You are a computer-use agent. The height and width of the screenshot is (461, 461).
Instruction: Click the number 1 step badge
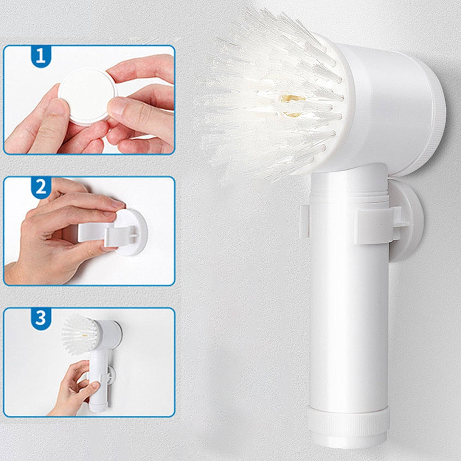click(41, 56)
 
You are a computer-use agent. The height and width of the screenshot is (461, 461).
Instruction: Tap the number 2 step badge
click(41, 188)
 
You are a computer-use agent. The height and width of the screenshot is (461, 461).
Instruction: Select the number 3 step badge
click(41, 319)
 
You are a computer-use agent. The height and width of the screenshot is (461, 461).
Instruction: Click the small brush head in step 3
click(80, 334)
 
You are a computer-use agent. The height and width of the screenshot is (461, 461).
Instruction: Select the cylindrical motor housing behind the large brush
click(391, 109)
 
